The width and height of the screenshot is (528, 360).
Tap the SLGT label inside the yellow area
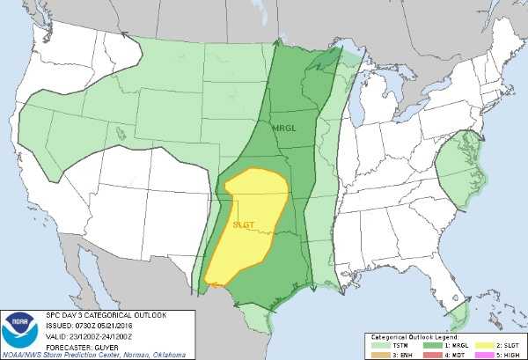[x=245, y=224]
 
